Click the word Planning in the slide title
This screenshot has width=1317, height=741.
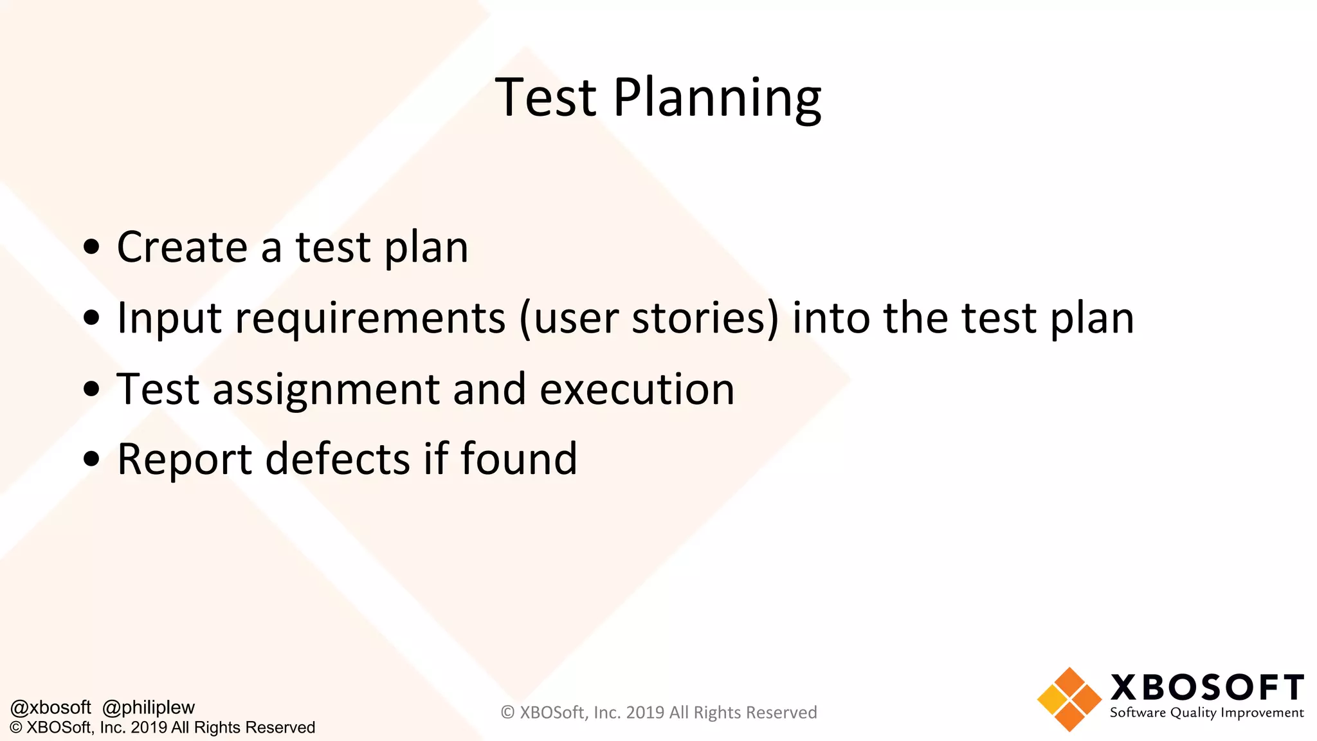tap(717, 98)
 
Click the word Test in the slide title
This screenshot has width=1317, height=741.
tap(546, 98)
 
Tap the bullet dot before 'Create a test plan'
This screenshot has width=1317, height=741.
tap(92, 246)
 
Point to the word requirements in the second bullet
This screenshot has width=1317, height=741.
tap(370, 319)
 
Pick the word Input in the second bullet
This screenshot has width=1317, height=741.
tap(169, 319)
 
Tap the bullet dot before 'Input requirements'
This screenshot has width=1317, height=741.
tap(92, 317)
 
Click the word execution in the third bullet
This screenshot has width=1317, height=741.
tap(637, 389)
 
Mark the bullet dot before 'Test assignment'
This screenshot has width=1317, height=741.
tap(92, 389)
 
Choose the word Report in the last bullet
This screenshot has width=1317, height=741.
tap(185, 460)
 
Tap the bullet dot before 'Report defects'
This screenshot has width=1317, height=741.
tap(92, 459)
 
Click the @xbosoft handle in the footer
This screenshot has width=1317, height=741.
tap(51, 708)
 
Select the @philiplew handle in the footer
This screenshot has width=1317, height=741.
tap(149, 708)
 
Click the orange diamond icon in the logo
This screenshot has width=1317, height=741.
tap(1069, 699)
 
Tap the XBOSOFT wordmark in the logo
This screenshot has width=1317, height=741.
tap(1207, 688)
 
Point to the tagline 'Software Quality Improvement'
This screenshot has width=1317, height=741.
tap(1206, 713)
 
